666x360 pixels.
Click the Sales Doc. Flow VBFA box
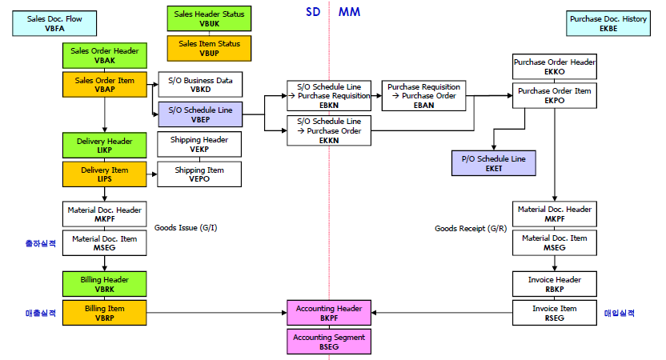click(x=44, y=23)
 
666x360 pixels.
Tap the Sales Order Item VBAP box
click(x=105, y=85)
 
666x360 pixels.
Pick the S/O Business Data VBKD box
click(x=199, y=85)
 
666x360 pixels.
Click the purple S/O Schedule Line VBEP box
click(x=199, y=115)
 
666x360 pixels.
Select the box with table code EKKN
click(x=329, y=130)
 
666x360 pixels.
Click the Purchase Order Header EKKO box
click(x=555, y=66)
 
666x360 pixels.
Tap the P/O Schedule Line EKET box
click(x=494, y=163)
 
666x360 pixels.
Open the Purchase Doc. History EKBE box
click(x=608, y=23)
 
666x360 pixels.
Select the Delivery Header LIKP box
click(x=105, y=146)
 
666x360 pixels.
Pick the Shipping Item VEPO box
click(x=199, y=174)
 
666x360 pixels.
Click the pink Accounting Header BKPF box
click(x=329, y=313)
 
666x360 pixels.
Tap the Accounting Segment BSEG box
click(x=329, y=342)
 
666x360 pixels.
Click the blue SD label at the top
click(x=313, y=12)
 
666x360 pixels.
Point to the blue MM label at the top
click(x=349, y=12)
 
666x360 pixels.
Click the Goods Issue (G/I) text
click(x=186, y=228)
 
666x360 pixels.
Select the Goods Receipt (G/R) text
click(x=470, y=228)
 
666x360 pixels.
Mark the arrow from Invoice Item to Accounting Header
click(x=440, y=313)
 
